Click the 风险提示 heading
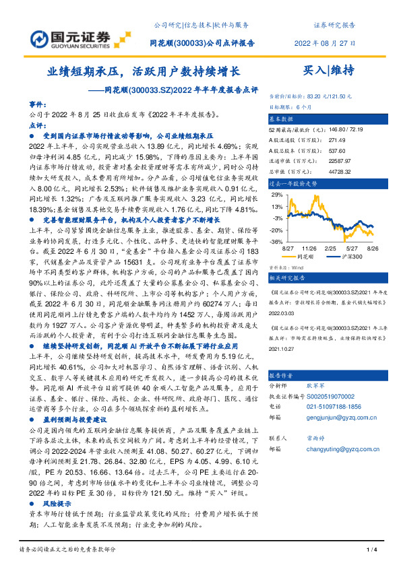[x=61, y=502]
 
